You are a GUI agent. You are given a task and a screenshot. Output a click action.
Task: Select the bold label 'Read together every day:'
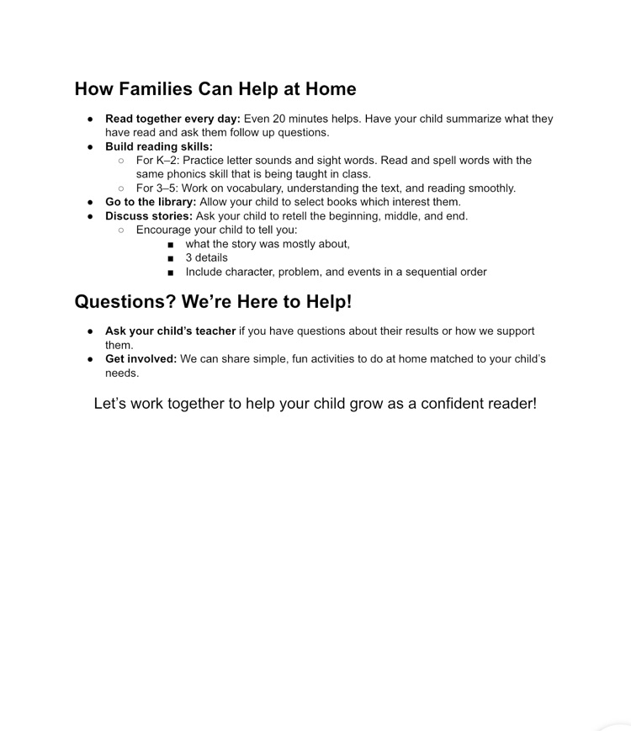click(172, 119)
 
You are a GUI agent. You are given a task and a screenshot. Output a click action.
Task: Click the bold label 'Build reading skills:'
click(159, 146)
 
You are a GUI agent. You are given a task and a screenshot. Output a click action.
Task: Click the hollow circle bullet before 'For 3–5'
click(121, 188)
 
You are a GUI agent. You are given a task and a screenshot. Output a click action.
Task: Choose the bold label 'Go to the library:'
click(151, 202)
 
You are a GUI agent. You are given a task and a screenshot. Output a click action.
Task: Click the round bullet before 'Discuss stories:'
click(90, 216)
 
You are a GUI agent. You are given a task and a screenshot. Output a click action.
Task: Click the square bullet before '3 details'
click(171, 258)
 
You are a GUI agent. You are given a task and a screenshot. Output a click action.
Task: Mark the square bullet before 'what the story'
click(171, 244)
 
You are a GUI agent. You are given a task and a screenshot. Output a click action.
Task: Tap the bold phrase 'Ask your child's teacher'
click(170, 331)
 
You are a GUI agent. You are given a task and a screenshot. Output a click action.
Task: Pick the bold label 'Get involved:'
click(141, 358)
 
